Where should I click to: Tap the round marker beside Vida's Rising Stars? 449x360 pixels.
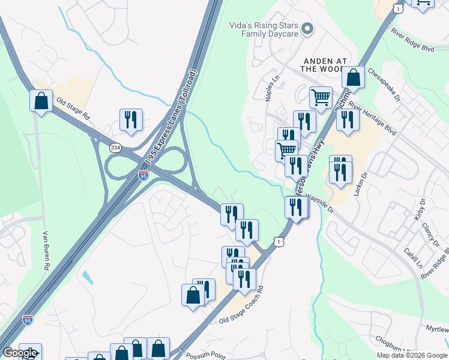(x=308, y=29)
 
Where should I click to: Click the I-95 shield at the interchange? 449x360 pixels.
(x=143, y=175)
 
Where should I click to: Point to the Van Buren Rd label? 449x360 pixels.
(x=46, y=251)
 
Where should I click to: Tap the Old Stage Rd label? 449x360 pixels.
(x=73, y=109)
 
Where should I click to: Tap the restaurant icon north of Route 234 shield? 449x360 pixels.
(x=130, y=120)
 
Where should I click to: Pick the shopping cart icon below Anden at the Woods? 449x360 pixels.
(x=321, y=97)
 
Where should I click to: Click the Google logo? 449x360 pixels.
(x=20, y=353)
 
